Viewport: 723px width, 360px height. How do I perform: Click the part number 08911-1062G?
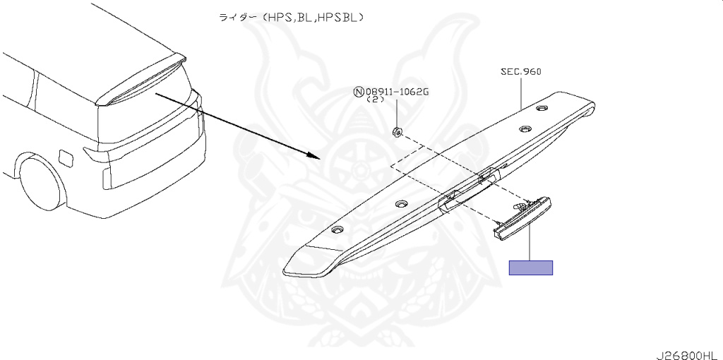pyautogui.click(x=397, y=92)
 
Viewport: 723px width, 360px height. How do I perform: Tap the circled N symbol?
pyautogui.click(x=358, y=92)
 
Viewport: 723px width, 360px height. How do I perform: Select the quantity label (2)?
pyautogui.click(x=375, y=100)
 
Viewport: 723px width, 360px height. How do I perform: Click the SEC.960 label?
pyautogui.click(x=521, y=72)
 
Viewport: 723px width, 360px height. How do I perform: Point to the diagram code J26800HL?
pyautogui.click(x=689, y=355)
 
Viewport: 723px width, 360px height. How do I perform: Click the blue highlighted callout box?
pyautogui.click(x=531, y=268)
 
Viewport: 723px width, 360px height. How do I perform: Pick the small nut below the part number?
pyautogui.click(x=397, y=133)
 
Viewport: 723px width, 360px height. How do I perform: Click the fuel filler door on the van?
pyautogui.click(x=66, y=157)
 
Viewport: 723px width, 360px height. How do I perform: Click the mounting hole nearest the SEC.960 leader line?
pyautogui.click(x=542, y=108)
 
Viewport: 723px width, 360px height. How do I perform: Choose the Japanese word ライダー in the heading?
pyautogui.click(x=234, y=18)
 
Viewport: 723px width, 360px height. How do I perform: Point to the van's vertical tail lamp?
pyautogui.click(x=107, y=179)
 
